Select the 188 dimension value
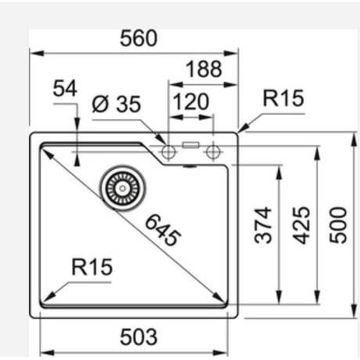[203, 70]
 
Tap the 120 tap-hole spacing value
[191, 102]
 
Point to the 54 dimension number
[65, 89]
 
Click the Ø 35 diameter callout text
[115, 104]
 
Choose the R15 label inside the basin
[92, 267]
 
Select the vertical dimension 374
[264, 225]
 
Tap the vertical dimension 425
[301, 225]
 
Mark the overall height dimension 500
[337, 225]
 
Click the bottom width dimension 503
[138, 337]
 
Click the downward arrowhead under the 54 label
[77, 126]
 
